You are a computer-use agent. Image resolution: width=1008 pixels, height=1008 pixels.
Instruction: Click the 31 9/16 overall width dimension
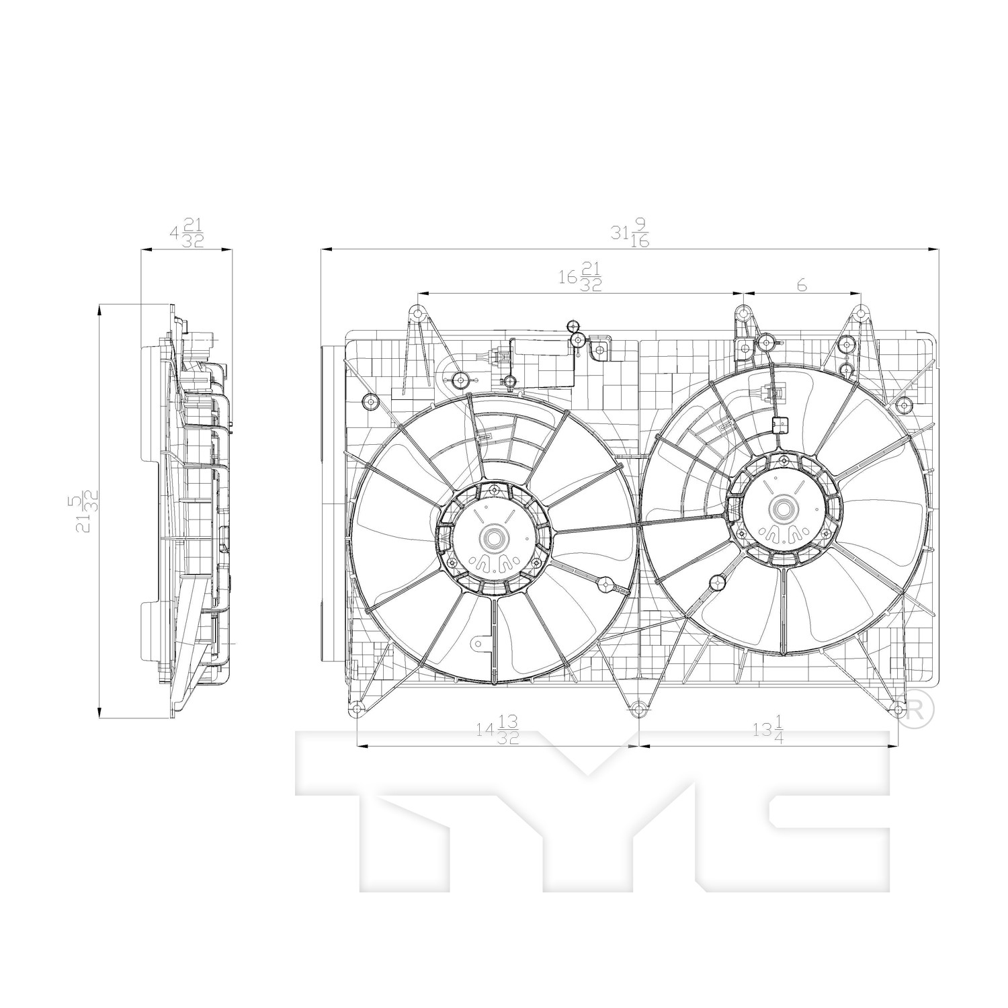point(630,236)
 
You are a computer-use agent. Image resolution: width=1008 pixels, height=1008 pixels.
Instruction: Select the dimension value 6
point(802,285)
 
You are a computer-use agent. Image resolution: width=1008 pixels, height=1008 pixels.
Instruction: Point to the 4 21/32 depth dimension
point(187,236)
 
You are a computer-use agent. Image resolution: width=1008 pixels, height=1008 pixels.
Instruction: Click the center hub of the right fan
point(784,508)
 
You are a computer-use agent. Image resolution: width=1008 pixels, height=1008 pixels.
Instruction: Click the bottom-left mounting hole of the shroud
point(356,710)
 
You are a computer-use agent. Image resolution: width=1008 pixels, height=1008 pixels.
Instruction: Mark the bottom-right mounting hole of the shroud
point(898,708)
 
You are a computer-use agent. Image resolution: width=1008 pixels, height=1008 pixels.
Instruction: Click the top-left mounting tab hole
point(417,312)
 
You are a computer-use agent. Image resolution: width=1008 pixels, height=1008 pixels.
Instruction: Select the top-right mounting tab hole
point(860,312)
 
